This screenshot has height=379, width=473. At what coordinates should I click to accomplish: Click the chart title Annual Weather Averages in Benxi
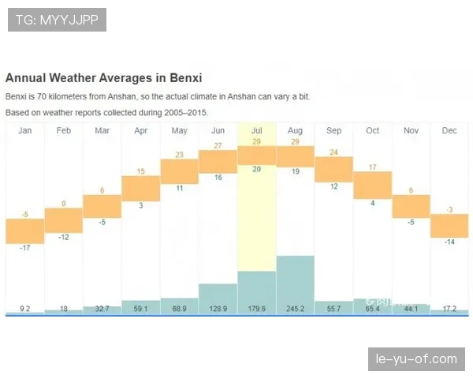tap(103, 78)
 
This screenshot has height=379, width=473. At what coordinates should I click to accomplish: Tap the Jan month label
tap(25, 130)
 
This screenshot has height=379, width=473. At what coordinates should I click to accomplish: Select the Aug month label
tap(295, 130)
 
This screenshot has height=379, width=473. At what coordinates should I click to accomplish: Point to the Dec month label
tap(449, 130)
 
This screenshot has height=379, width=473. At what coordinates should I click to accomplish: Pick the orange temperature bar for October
tap(372, 185)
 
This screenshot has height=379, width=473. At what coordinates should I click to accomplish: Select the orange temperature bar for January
tap(25, 231)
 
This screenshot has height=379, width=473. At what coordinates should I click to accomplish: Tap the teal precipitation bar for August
tap(295, 284)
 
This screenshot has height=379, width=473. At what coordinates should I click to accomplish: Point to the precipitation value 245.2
tap(295, 309)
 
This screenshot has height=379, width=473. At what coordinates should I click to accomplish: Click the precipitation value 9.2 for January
tap(25, 309)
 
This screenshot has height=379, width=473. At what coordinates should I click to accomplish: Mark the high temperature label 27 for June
tap(218, 145)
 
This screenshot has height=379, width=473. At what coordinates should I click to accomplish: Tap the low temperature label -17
tap(25, 249)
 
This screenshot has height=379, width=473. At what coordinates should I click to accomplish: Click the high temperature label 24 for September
tap(333, 152)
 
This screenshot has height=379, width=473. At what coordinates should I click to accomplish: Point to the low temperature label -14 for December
tap(449, 242)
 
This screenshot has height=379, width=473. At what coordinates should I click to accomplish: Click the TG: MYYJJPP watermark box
tap(57, 20)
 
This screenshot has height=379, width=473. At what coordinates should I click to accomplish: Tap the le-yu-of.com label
tap(416, 359)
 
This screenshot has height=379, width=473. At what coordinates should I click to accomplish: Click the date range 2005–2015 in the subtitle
tap(187, 113)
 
